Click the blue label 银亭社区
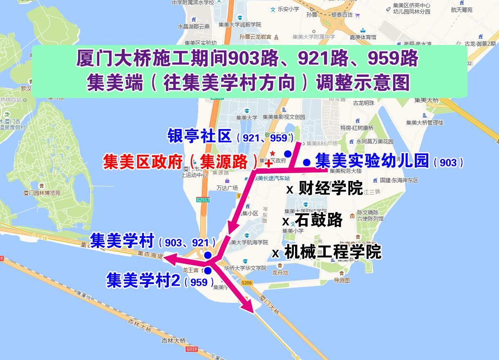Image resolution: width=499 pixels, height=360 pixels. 199,136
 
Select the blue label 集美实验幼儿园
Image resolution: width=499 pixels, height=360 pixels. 372,160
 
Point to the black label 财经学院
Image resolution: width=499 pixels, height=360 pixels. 331,189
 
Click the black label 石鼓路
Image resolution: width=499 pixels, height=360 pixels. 318,220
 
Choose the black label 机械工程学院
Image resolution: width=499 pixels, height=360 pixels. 332,252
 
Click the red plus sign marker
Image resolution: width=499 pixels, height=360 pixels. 269,164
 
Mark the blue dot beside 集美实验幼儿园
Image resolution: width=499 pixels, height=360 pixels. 307,163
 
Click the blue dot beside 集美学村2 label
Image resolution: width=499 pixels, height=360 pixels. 208,271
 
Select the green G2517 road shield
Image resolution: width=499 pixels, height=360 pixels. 203,200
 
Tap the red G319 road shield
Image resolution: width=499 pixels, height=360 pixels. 191,349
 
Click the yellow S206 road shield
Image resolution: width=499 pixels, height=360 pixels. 247,283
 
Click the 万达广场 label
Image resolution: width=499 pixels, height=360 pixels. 227,188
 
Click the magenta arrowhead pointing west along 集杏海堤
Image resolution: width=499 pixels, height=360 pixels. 169,258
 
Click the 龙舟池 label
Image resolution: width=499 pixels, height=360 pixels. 280,273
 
